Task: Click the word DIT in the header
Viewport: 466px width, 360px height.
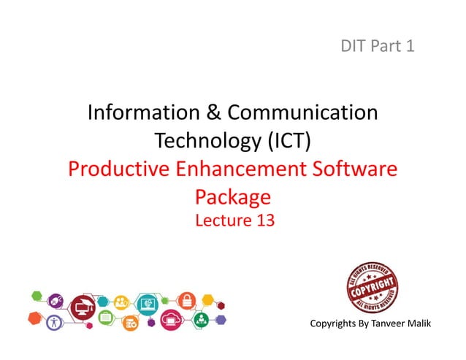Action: point(354,47)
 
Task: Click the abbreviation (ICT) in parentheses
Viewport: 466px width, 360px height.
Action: point(287,140)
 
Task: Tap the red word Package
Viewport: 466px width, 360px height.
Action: point(233,197)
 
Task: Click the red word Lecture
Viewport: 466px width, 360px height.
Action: point(222,219)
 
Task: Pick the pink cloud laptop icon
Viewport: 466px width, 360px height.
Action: point(171,319)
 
